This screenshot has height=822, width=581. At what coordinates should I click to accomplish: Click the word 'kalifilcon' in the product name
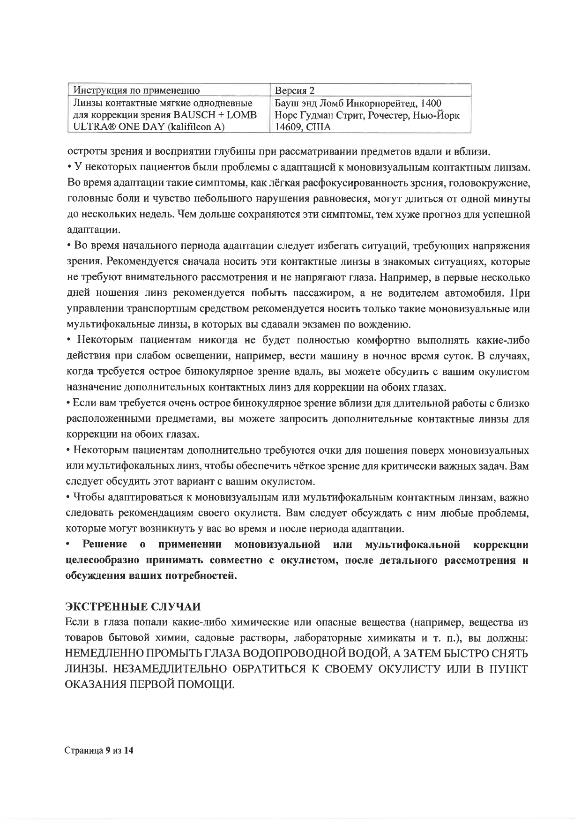191,127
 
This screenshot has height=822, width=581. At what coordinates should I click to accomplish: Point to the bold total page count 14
129,750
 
